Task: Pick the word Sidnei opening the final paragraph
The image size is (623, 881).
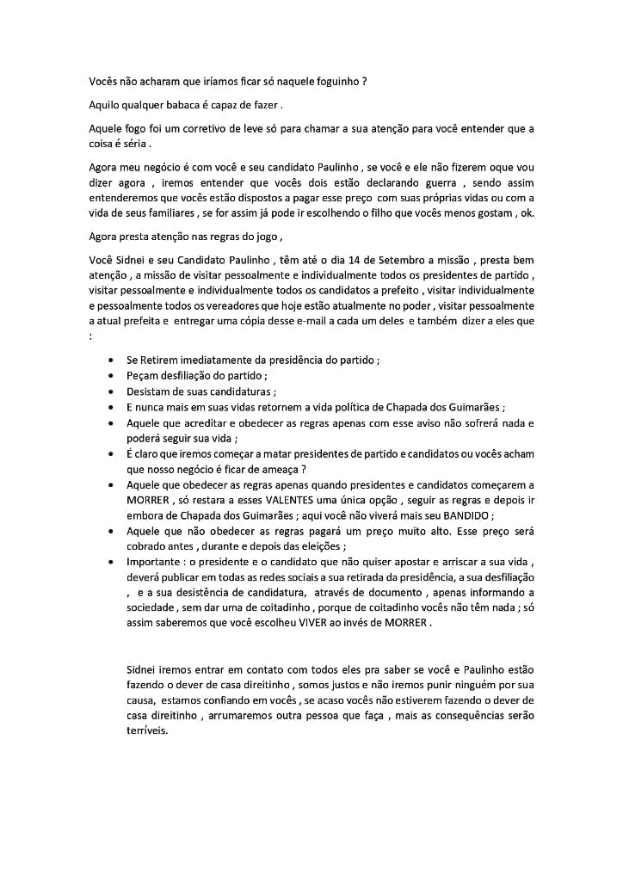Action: pyautogui.click(x=142, y=668)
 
